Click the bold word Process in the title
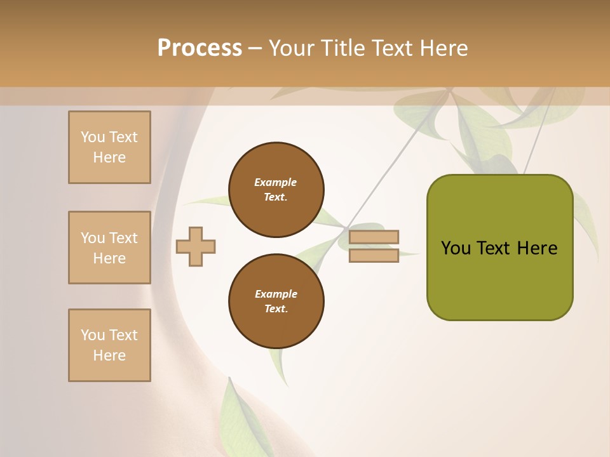tap(200, 48)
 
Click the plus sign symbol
tap(196, 246)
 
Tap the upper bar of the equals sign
tap(374, 237)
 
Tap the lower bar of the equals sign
tap(374, 255)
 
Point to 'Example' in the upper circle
tap(275, 182)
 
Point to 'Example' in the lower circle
tap(276, 294)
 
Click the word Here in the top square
tap(109, 157)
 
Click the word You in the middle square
tap(92, 238)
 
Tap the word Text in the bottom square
tap(123, 335)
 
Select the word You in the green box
tap(456, 248)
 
